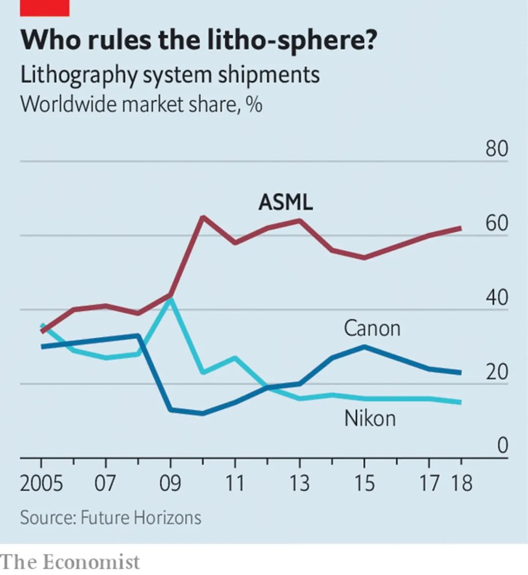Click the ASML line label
coord(286,201)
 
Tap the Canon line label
coord(372,328)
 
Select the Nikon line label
coord(370,419)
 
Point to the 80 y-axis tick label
coord(497,149)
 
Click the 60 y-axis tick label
coord(497,223)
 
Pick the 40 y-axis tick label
coord(497,298)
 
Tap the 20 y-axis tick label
coord(497,373)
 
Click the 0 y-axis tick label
coord(503,445)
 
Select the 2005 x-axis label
coord(42,483)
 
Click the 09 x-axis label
coord(170,483)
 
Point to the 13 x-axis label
coord(299,483)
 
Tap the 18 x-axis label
coord(461,483)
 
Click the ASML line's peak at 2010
coord(203,217)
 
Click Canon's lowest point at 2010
coord(203,414)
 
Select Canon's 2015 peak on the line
coord(364,347)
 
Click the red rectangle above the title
coord(44,7)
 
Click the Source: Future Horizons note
coord(110,518)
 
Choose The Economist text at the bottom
coord(70,562)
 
